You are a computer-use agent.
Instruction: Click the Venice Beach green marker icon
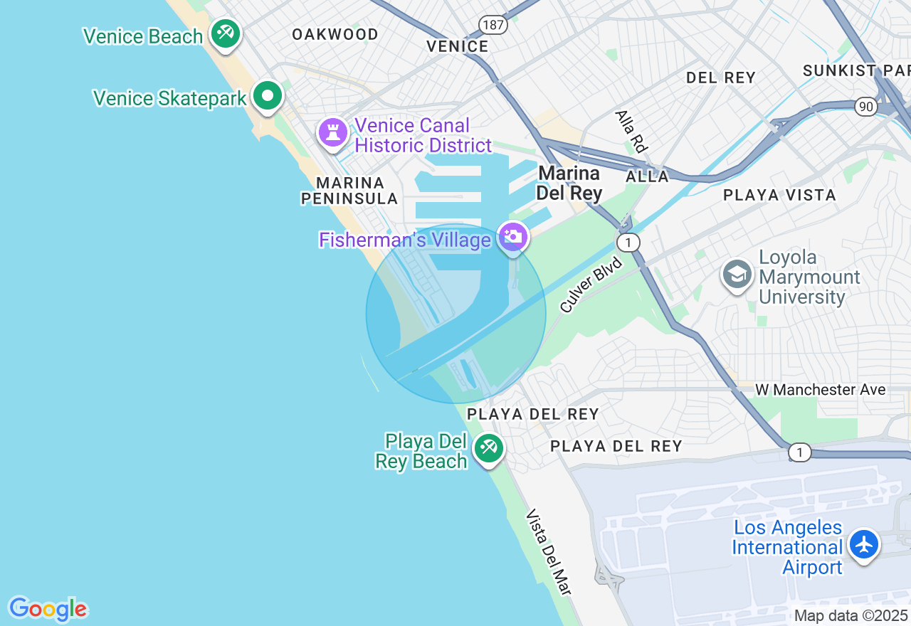[226, 33]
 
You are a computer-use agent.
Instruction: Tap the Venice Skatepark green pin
[268, 95]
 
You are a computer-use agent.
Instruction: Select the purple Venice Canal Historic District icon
[332, 132]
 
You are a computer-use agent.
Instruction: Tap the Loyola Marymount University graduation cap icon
[737, 274]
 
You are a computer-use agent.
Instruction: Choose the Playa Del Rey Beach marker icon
[488, 448]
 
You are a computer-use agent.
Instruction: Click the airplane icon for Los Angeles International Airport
[864, 544]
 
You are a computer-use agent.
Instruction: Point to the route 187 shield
[493, 26]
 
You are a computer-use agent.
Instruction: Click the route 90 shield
[866, 107]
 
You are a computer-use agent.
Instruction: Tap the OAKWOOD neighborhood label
[335, 34]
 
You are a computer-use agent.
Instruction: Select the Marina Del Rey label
[569, 183]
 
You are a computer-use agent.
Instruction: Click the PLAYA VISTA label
[779, 195]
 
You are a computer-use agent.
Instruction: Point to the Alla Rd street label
[631, 131]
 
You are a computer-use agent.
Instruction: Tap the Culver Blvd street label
[591, 285]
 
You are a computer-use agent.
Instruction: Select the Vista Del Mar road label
[549, 552]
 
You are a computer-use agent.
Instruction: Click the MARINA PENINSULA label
[349, 191]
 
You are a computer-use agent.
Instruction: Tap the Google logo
[48, 609]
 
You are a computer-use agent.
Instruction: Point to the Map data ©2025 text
[850, 615]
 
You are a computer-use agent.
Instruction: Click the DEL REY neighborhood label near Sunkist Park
[720, 78]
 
